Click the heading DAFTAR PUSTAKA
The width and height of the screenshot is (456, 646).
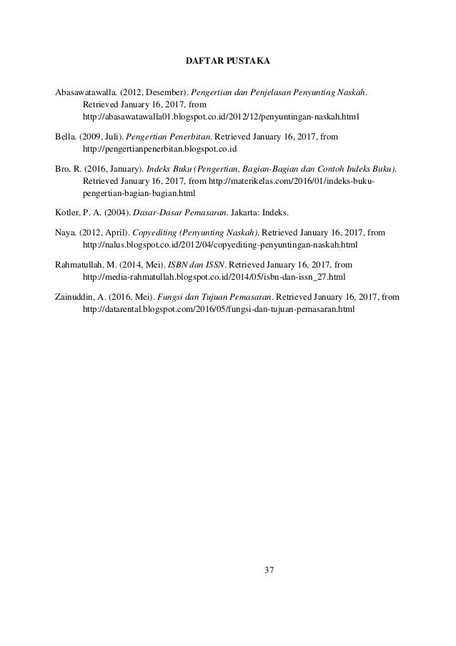coord(227,59)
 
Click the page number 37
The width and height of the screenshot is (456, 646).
coord(269,570)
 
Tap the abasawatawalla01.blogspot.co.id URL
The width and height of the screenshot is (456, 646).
coord(221,116)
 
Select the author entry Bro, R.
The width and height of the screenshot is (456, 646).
coord(68,169)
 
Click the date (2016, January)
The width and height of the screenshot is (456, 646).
coord(115,169)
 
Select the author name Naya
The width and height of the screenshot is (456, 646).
coord(66,232)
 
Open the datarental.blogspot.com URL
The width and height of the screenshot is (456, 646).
coord(219,309)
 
